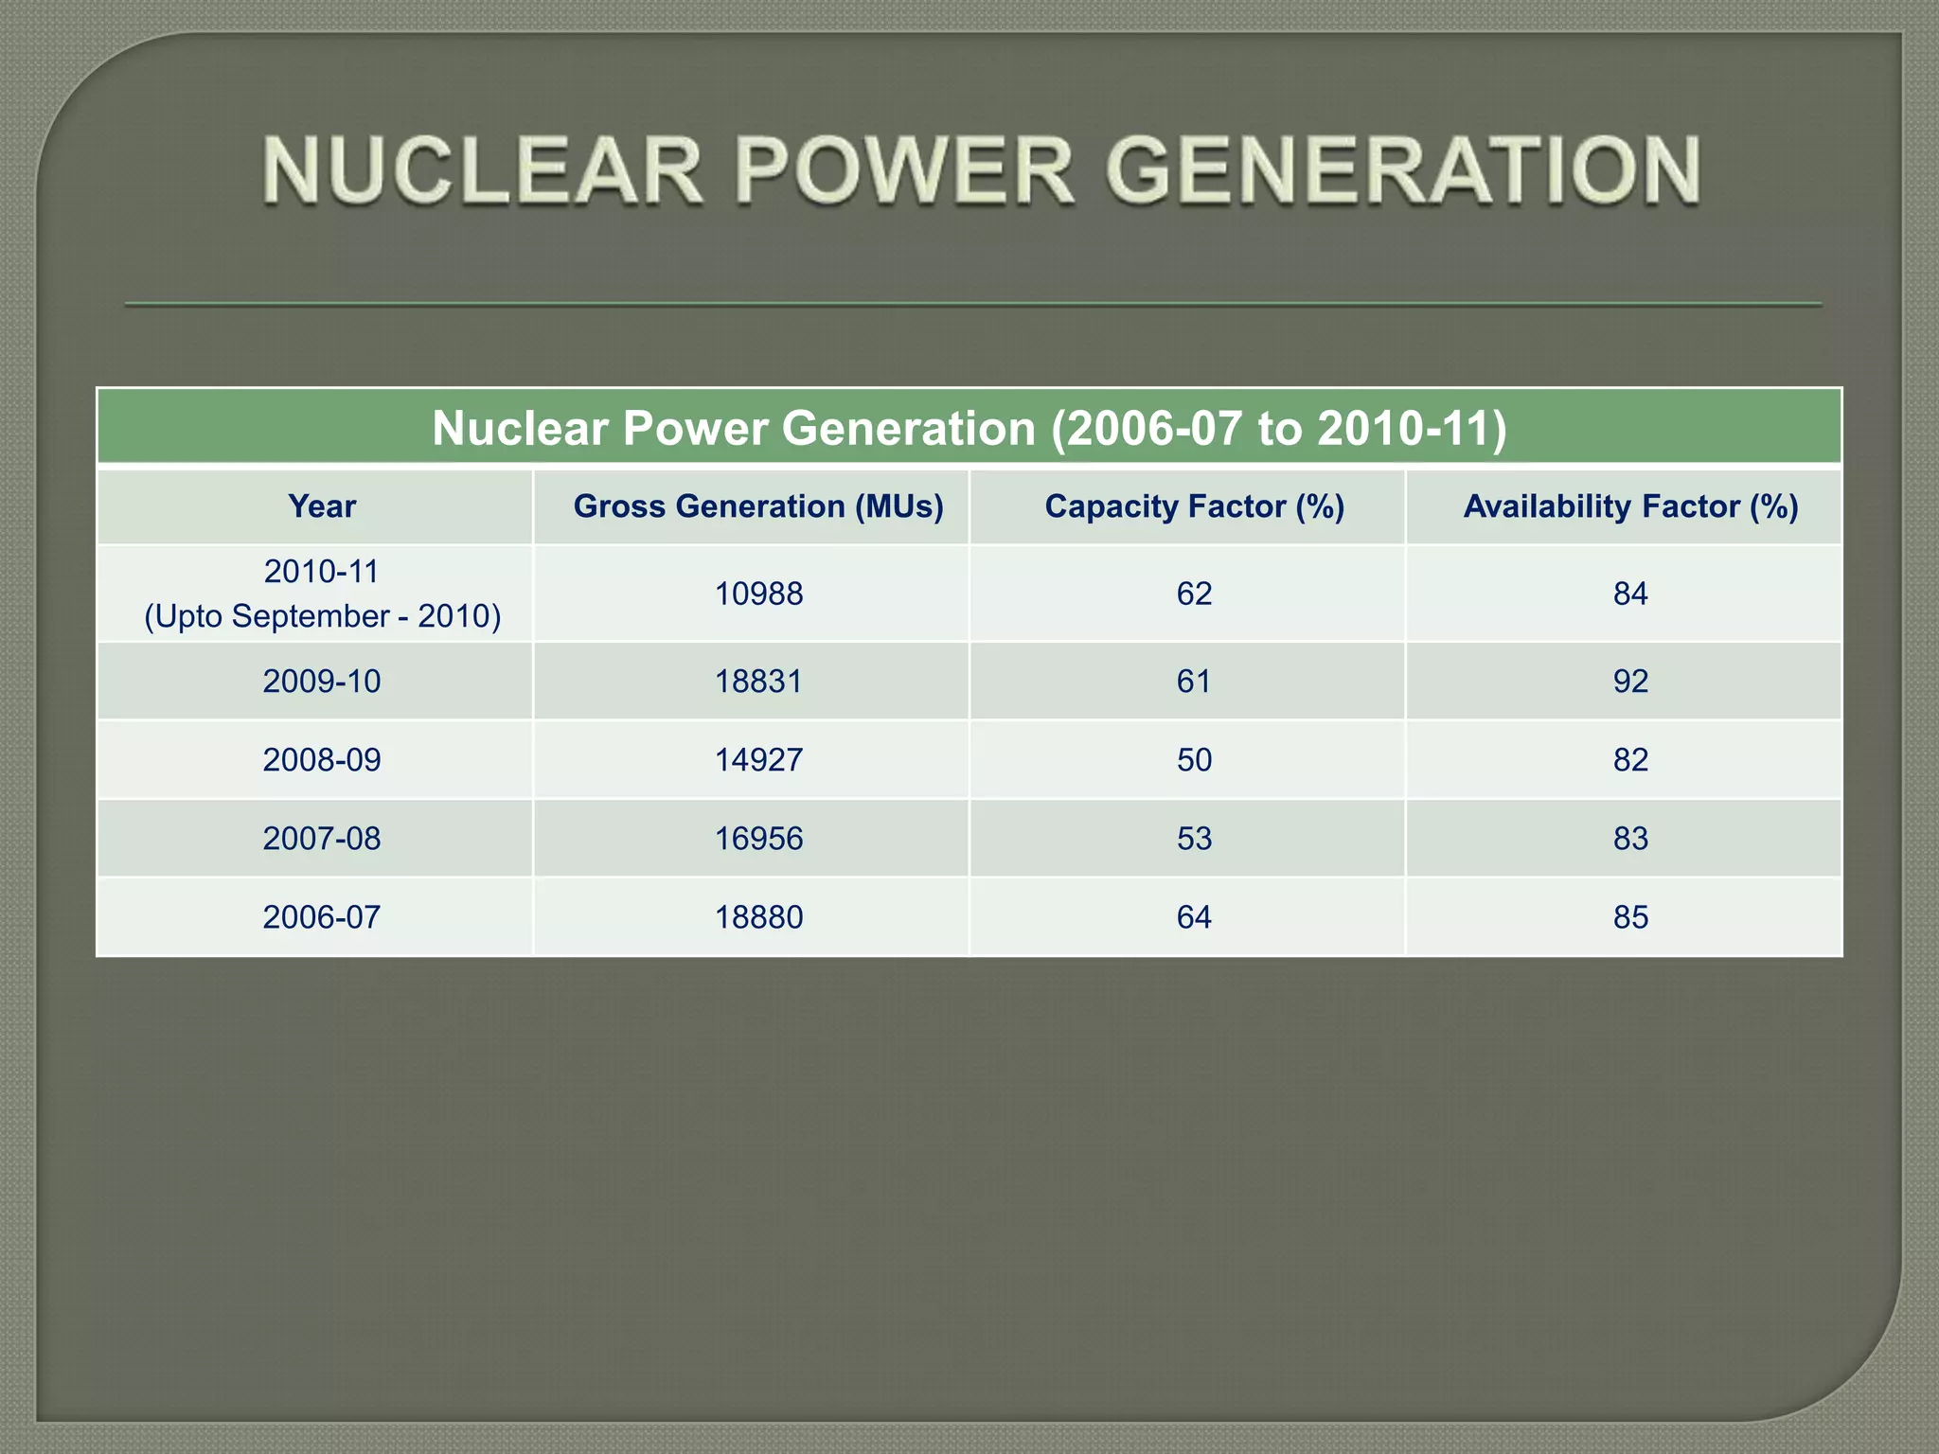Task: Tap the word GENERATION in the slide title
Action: click(x=1401, y=171)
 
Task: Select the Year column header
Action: click(x=322, y=506)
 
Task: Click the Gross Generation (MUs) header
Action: click(x=758, y=506)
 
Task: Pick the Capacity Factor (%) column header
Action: click(x=1194, y=506)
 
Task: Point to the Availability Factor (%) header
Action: click(x=1630, y=506)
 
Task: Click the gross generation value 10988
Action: click(x=758, y=594)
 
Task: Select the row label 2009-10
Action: click(x=322, y=682)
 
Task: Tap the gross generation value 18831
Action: click(x=758, y=682)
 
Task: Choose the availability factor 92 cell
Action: click(x=1630, y=682)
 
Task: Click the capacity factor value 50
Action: click(x=1194, y=760)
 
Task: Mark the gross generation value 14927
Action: click(x=758, y=760)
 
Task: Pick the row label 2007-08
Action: click(x=322, y=839)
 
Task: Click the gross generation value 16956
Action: click(x=758, y=839)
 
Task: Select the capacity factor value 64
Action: click(x=1194, y=917)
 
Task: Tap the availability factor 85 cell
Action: click(x=1630, y=917)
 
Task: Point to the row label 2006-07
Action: click(x=322, y=917)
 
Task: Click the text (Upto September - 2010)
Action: click(x=322, y=616)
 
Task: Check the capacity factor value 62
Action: click(x=1194, y=594)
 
